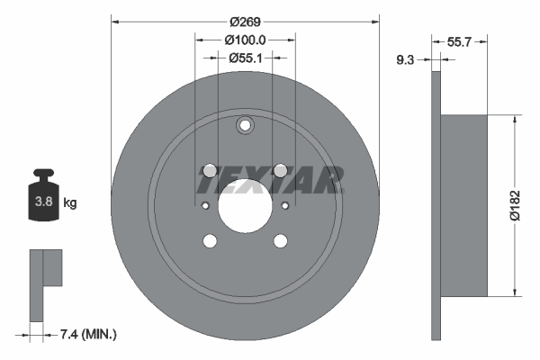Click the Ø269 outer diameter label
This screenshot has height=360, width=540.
point(245,21)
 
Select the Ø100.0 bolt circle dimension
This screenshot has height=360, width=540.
point(246,40)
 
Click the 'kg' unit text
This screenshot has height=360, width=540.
point(70,203)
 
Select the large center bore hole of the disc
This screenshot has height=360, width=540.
point(245,205)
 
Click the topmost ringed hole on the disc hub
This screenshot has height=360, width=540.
point(245,127)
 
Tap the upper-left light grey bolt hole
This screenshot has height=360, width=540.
point(210,170)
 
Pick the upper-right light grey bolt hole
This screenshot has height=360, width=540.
point(280,170)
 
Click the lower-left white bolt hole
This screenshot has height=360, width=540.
point(210,240)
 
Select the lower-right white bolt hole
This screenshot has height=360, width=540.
point(280,240)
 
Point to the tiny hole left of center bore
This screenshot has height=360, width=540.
point(206,206)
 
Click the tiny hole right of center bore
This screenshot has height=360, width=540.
point(284,206)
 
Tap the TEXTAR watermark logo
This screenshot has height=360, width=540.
point(270,180)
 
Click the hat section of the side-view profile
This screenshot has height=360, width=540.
point(464,205)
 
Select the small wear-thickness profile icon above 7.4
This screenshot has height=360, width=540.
point(45,279)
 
